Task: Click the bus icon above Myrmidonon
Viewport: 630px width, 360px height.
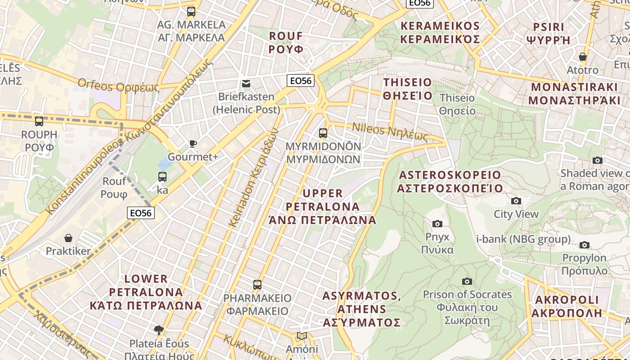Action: pos(323,133)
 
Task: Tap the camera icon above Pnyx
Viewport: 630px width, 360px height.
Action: pos(437,224)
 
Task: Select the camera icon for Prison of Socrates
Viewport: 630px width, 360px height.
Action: pos(467,281)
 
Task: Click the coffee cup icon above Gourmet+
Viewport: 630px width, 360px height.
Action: pos(193,144)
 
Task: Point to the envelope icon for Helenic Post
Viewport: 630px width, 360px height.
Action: pos(246,83)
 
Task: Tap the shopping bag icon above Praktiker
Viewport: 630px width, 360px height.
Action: pos(68,238)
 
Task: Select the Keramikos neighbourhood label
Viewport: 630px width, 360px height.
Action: pos(440,32)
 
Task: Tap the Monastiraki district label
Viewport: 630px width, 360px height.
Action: pos(574,94)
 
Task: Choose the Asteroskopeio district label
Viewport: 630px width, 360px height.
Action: pos(450,181)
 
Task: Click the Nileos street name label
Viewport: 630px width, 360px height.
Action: pos(390,132)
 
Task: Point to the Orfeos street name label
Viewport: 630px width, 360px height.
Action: pos(118,85)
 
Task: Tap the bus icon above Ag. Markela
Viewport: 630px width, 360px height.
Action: pos(191,11)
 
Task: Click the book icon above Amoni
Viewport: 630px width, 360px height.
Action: pos(301,336)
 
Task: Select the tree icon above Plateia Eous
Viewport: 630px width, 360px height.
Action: pos(158,330)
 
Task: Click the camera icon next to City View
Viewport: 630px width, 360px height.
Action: pos(516,201)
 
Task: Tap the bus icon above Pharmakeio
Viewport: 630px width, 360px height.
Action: pos(257,284)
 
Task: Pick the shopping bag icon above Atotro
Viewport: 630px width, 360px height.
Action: pos(582,57)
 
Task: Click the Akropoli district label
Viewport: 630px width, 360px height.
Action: pos(568,306)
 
